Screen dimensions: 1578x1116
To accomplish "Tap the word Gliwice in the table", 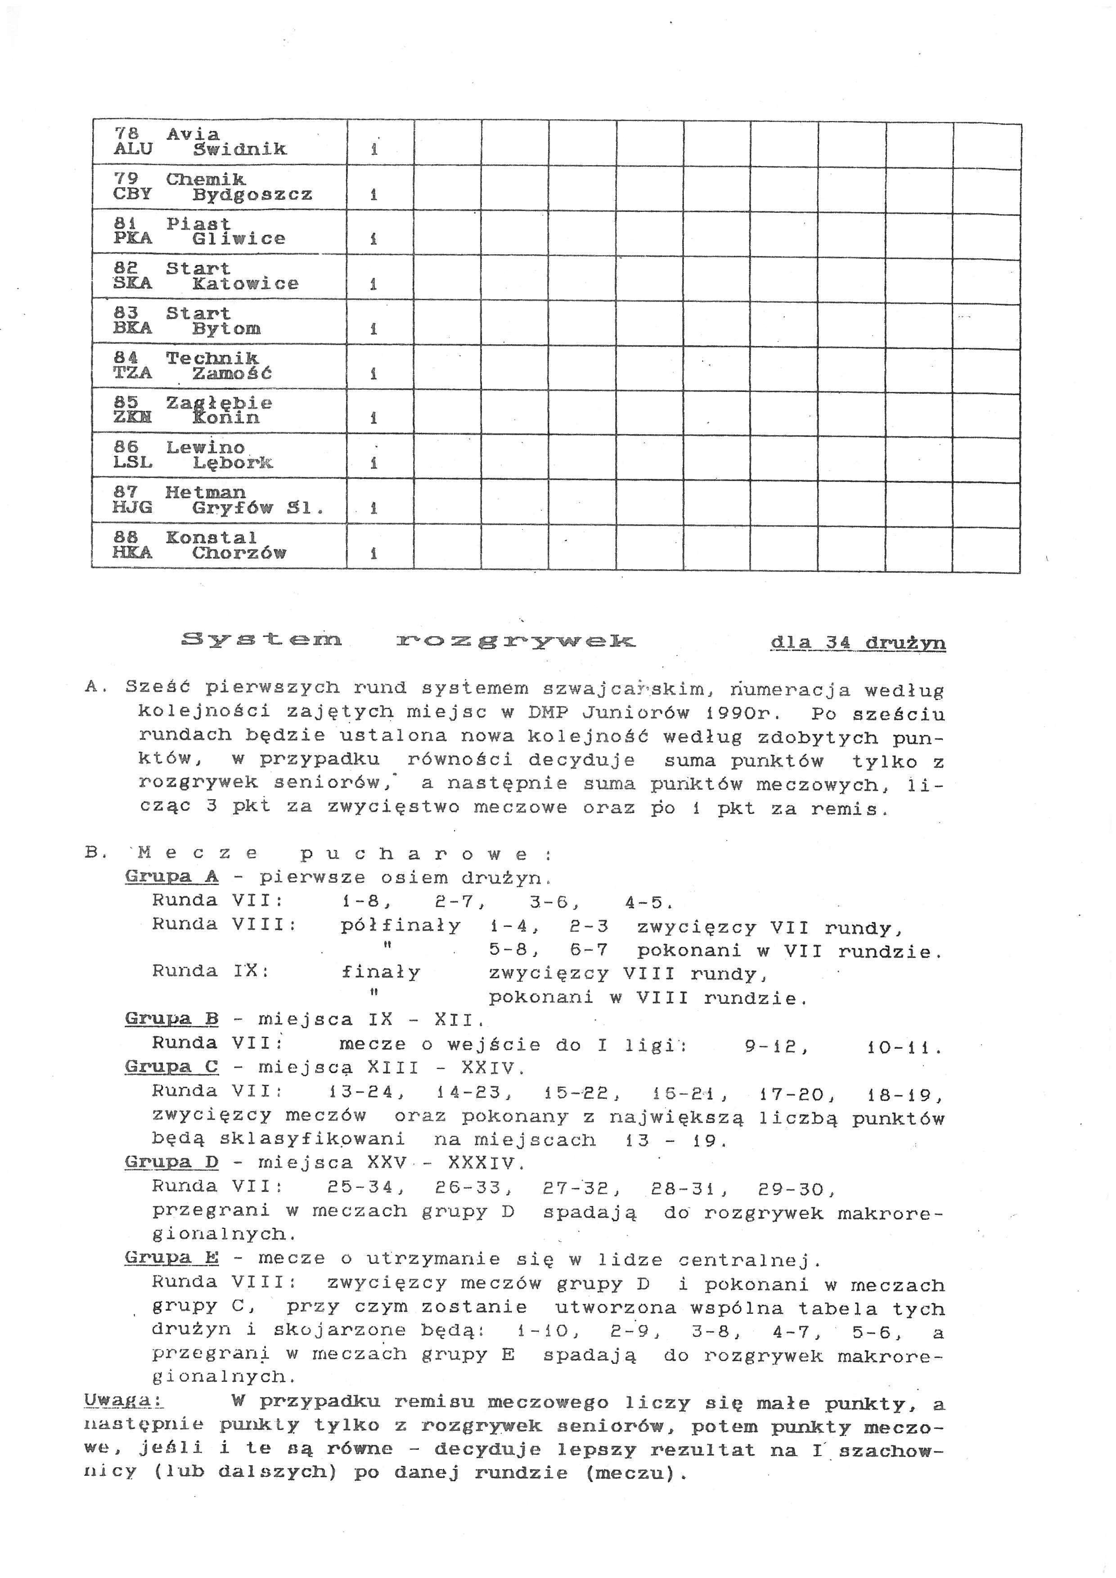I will (238, 238).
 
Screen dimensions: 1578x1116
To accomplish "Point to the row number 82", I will (126, 268).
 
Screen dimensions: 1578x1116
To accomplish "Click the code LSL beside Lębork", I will (133, 463).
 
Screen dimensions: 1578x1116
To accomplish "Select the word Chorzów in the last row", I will (238, 553).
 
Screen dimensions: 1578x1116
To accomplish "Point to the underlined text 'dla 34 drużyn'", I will (858, 643).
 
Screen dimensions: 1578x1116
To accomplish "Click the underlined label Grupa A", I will (172, 876).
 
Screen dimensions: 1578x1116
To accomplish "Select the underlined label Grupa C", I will (172, 1067).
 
